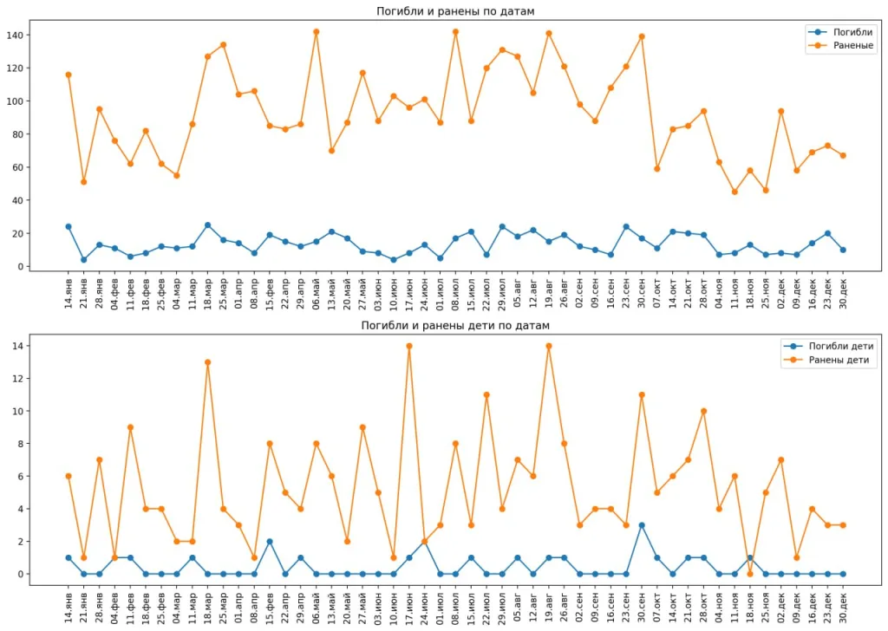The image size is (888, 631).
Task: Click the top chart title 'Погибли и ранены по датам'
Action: tap(455, 11)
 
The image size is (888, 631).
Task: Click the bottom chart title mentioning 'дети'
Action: tap(455, 325)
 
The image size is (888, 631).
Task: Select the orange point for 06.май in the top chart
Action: tap(317, 32)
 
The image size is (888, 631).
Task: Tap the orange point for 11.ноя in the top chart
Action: tap(735, 192)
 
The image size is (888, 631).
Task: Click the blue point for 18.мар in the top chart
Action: tap(208, 225)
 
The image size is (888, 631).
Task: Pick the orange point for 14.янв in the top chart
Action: tap(69, 75)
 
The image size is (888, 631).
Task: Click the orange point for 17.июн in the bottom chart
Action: tap(409, 346)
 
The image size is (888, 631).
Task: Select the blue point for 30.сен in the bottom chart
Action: tap(642, 525)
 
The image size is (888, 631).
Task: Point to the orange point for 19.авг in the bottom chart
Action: tap(549, 346)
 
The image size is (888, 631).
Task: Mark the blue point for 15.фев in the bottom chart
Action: tap(270, 542)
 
